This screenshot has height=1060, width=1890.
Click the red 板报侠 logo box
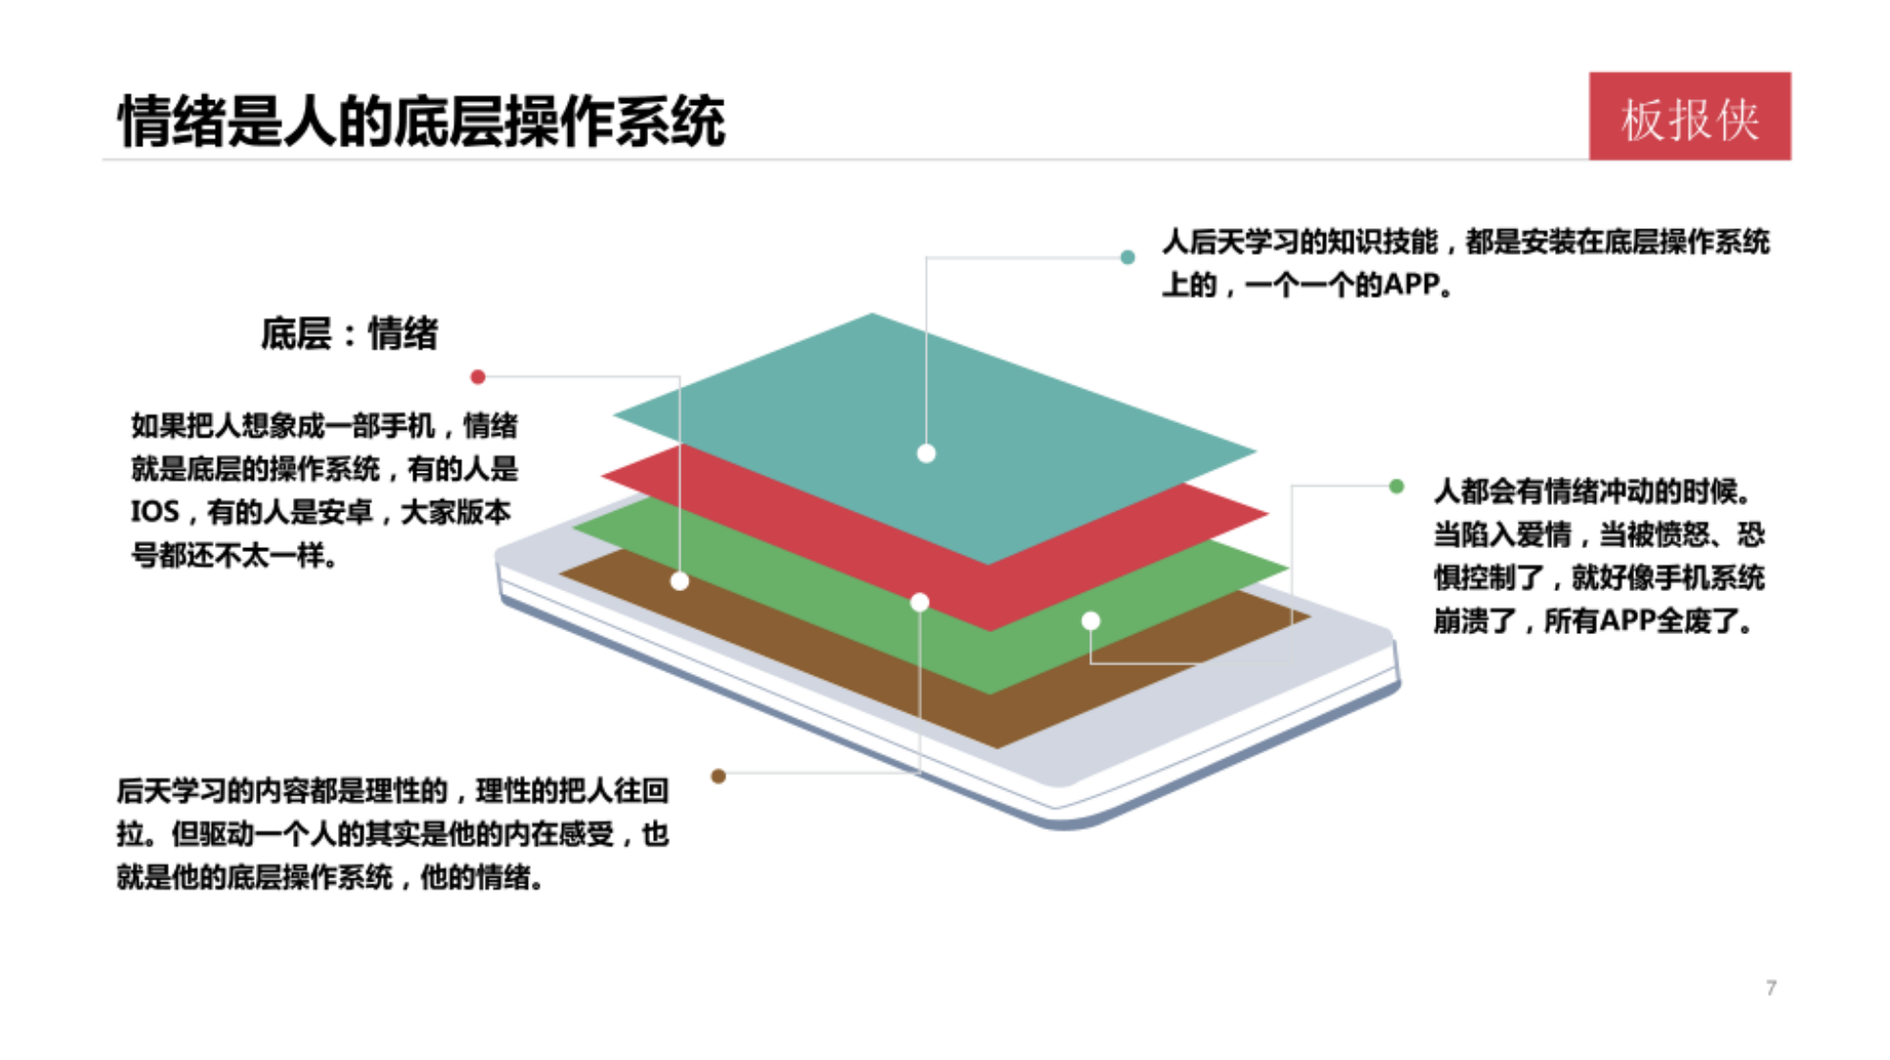(1689, 117)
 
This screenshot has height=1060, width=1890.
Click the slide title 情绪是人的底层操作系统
(421, 122)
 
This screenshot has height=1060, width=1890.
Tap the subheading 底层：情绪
(349, 334)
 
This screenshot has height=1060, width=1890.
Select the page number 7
(1771, 987)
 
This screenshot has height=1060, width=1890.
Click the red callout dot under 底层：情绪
(478, 377)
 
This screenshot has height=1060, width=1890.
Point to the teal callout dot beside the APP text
(1127, 257)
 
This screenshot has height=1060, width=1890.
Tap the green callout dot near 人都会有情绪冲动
(1396, 486)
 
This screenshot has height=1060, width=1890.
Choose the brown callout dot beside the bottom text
(719, 776)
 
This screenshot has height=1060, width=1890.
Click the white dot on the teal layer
(926, 454)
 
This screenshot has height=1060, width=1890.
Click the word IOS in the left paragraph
(155, 513)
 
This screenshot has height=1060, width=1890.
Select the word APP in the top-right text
(1411, 285)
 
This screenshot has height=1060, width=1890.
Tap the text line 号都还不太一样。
(235, 556)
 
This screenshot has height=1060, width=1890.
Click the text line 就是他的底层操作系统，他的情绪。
(330, 878)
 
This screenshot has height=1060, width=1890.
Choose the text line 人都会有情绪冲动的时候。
(1592, 492)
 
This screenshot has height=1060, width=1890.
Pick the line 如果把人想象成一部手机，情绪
(325, 426)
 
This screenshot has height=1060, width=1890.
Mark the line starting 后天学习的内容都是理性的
(392, 791)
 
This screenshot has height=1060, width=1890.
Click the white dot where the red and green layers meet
(919, 603)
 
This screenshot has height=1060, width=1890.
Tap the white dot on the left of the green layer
(680, 581)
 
